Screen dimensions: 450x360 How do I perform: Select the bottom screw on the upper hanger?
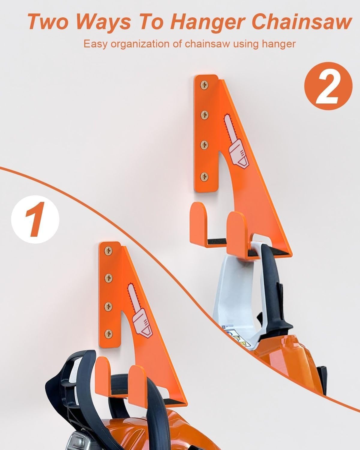point(205,176)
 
